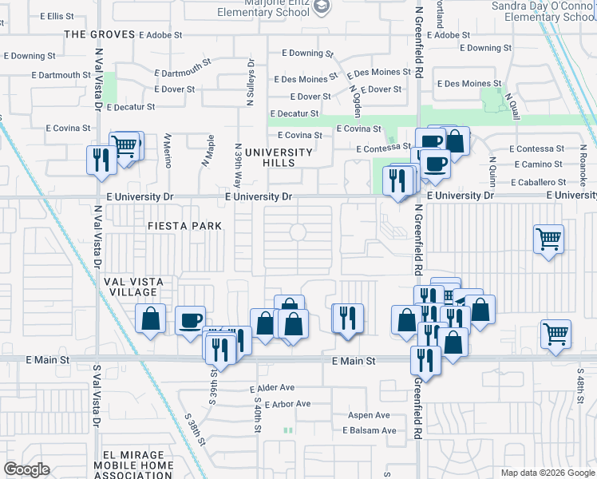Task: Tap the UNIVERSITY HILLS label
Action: tap(279, 157)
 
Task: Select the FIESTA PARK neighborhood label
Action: tap(184, 226)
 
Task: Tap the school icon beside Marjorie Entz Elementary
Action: tap(321, 6)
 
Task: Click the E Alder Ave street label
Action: tap(272, 387)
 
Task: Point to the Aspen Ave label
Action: tap(367, 415)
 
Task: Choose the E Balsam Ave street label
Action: tap(369, 430)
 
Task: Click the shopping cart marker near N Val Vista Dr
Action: tap(125, 146)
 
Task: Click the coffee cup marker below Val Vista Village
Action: tap(189, 320)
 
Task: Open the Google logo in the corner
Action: tap(26, 469)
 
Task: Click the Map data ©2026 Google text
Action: tap(547, 473)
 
